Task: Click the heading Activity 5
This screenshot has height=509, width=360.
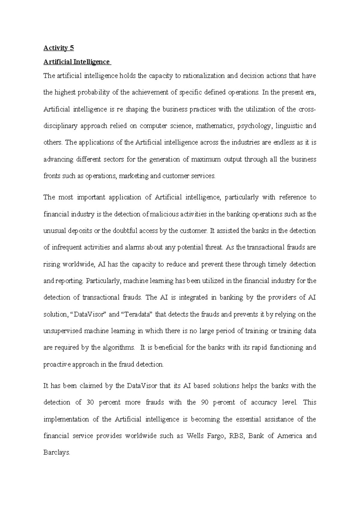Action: (x=59, y=48)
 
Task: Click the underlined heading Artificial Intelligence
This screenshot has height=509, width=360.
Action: (x=76, y=62)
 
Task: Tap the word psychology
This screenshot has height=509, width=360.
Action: (x=254, y=126)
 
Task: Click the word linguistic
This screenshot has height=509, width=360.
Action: (x=288, y=126)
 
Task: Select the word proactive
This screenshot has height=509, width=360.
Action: (x=57, y=365)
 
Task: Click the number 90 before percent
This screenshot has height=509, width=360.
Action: (x=205, y=402)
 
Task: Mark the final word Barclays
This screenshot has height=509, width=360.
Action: (x=57, y=453)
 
